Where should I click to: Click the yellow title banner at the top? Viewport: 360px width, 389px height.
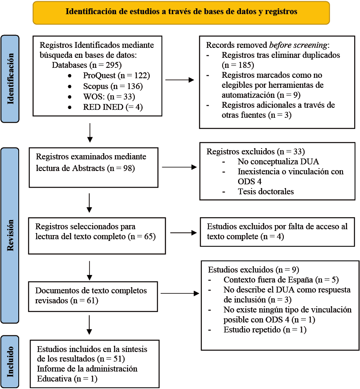point(181,12)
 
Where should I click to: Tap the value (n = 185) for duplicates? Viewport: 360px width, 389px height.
point(238,65)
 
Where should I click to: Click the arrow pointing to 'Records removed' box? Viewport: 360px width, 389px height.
point(179,80)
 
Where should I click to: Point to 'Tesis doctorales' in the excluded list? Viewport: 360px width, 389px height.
point(266,192)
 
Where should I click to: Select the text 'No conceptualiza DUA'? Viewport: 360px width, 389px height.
point(273,162)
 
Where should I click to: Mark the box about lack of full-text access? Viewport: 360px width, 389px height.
point(277,232)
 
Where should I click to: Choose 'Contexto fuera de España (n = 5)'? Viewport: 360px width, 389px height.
point(275,280)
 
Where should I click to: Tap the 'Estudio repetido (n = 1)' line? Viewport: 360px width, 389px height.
point(264,330)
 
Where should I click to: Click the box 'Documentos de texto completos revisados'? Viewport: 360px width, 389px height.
point(93,295)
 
